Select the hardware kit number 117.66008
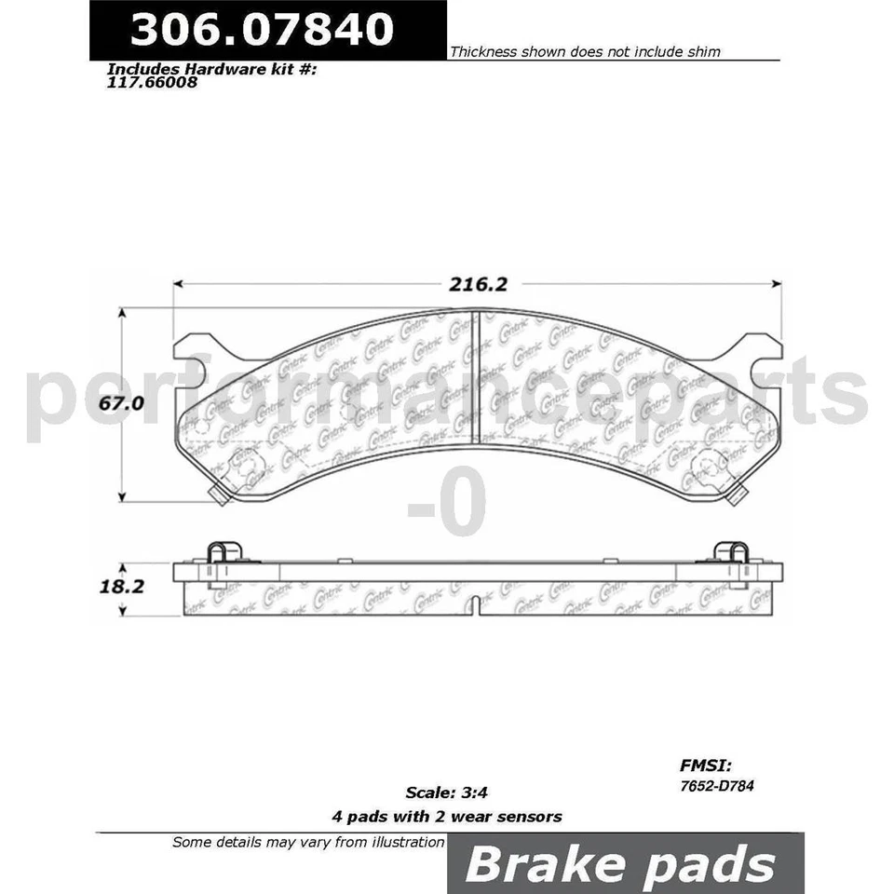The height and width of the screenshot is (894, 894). click(153, 81)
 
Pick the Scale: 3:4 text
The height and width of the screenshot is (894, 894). click(447, 793)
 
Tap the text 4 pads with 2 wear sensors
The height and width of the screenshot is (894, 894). click(447, 817)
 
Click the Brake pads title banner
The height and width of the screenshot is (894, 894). click(620, 863)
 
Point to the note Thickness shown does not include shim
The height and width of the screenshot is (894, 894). click(585, 52)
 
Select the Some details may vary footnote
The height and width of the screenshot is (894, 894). click(308, 842)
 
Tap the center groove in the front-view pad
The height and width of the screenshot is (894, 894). click(478, 378)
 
